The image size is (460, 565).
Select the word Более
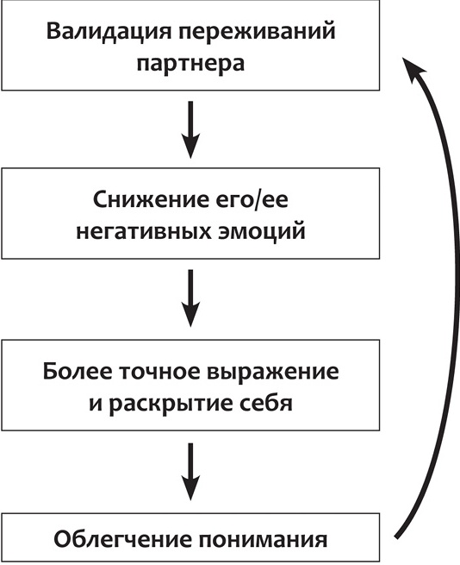tap(78, 373)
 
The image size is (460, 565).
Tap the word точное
tap(165, 373)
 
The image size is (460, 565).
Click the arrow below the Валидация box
tap(191, 130)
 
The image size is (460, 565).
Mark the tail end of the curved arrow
tap(397, 535)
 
